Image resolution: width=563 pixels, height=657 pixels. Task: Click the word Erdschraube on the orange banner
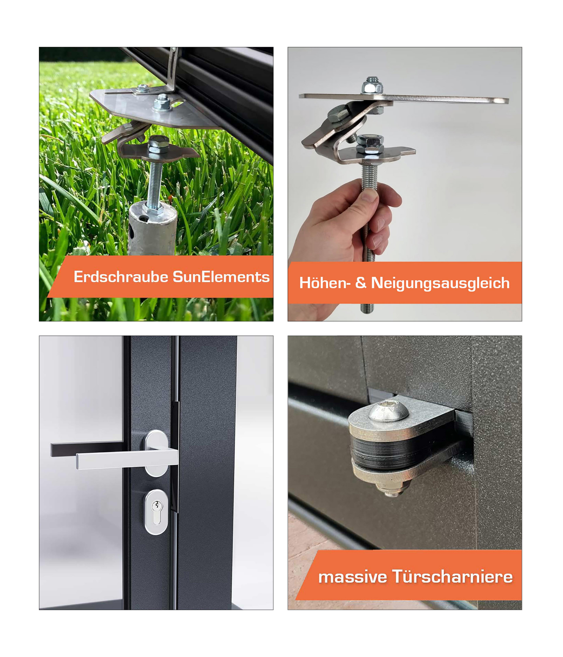pyautogui.click(x=121, y=277)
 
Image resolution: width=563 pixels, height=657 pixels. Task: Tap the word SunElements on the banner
pyautogui.click(x=221, y=277)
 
